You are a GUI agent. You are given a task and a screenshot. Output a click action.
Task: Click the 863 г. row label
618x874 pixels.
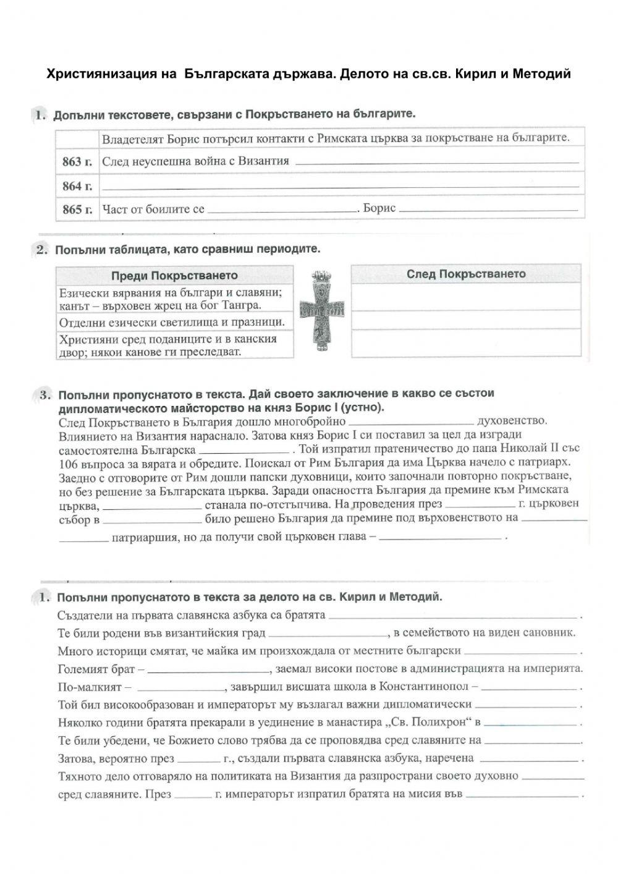pyautogui.click(x=77, y=162)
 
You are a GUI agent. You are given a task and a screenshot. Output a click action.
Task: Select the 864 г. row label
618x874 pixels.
pyautogui.click(x=77, y=186)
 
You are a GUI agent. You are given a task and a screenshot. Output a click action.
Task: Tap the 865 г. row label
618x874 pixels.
pyautogui.click(x=77, y=210)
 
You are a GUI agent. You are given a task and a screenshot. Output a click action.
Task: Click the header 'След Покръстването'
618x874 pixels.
pyautogui.click(x=466, y=274)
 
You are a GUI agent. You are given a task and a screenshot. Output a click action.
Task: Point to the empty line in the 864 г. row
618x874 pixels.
pyautogui.click(x=340, y=187)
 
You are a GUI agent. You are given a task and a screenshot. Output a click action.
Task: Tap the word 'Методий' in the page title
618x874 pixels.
pyautogui.click(x=541, y=74)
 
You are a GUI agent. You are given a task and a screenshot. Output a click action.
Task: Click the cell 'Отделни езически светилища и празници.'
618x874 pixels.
pyautogui.click(x=172, y=322)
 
